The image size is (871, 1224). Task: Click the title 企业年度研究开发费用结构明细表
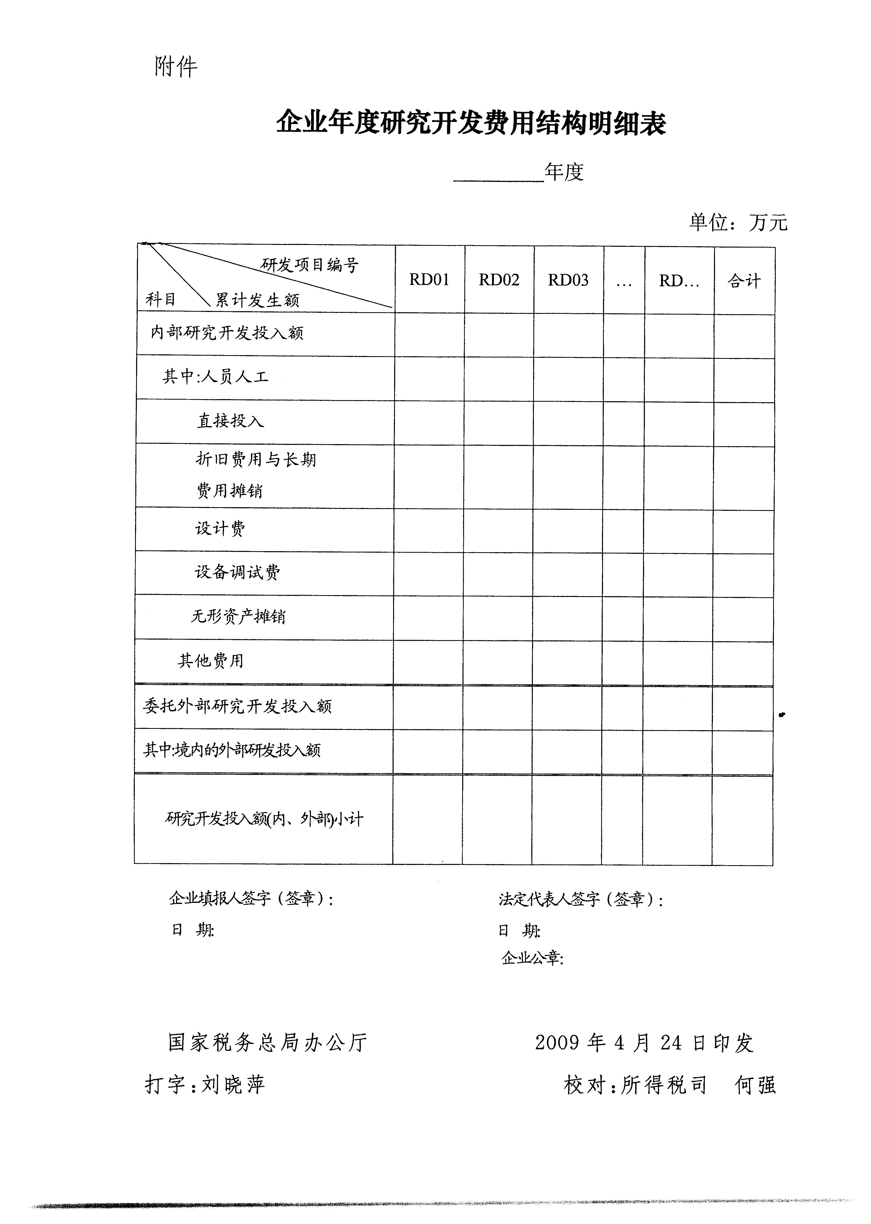point(471,123)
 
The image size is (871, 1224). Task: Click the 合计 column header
point(744,281)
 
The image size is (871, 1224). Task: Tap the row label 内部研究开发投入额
point(227,333)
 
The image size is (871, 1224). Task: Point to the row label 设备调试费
point(237,572)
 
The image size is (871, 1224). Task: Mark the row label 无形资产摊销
point(238,616)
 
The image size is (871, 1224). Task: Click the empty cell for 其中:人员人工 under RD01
point(429,379)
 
